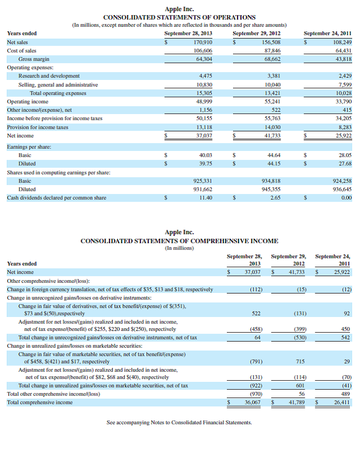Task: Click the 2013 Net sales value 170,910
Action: click(202, 42)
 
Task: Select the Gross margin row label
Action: click(34, 59)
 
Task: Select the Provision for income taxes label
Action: click(37, 127)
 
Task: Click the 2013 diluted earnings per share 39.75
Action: click(206, 164)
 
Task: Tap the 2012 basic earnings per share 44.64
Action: click(274, 155)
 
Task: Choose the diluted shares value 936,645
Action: click(340, 190)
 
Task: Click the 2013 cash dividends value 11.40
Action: click(206, 198)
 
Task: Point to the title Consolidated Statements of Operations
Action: click(179, 17)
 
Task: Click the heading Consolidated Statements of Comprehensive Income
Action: click(179, 241)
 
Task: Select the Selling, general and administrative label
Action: click(58, 84)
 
